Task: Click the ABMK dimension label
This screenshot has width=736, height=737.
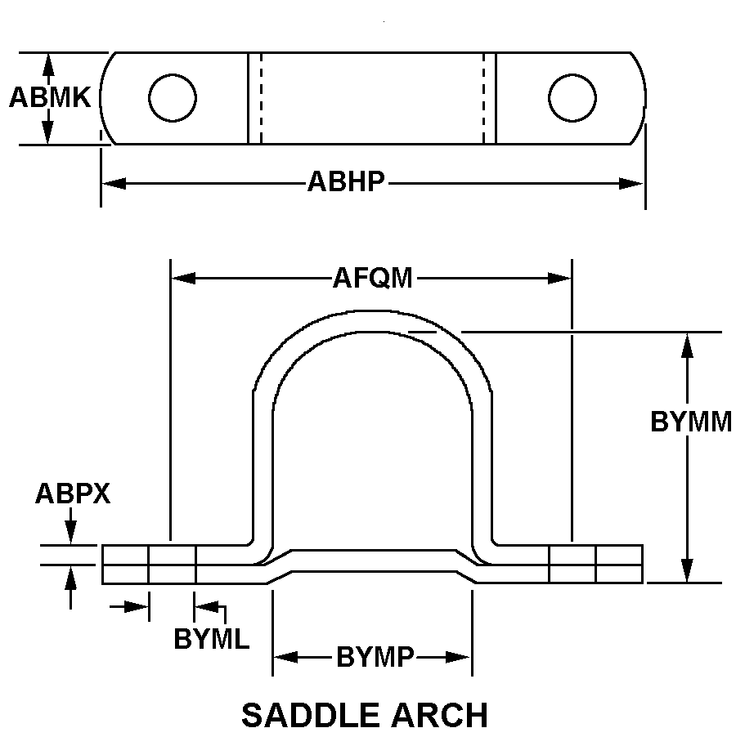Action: tap(49, 98)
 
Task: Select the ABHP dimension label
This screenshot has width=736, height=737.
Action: tap(346, 182)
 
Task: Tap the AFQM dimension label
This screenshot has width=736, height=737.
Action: tap(372, 279)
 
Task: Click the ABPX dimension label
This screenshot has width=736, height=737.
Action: tap(73, 494)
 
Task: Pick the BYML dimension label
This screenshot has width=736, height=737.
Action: tap(211, 639)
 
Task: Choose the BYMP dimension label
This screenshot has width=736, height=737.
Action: tap(375, 657)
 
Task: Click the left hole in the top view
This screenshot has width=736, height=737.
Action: tap(173, 98)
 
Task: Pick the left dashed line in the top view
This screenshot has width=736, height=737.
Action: tap(261, 98)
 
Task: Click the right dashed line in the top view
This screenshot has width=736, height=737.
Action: tap(483, 98)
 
